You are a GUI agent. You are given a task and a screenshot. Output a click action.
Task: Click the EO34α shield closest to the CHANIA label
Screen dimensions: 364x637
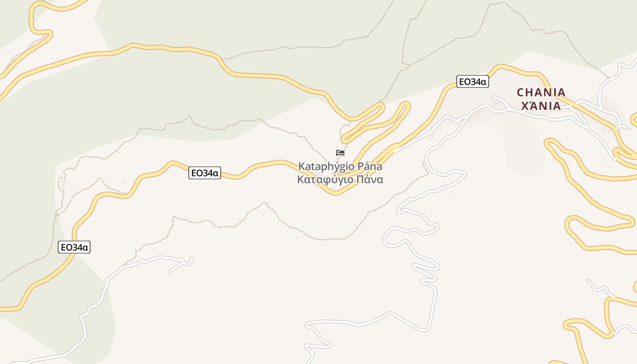pos(472,82)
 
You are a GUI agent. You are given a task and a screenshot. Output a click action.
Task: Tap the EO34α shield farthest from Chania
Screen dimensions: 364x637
pos(75,248)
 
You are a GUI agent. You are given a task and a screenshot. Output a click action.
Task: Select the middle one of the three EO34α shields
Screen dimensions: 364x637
pos(205,173)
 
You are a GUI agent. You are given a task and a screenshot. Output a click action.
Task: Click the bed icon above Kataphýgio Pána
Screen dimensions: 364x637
pos(340,153)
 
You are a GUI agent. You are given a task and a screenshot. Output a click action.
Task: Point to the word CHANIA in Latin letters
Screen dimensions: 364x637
pos(541,93)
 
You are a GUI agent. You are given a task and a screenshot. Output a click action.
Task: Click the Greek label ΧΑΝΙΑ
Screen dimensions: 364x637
pos(541,106)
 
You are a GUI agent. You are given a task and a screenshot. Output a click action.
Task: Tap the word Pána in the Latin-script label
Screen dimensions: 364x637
pos(369,166)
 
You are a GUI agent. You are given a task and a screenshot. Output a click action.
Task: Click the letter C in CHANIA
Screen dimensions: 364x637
pos(521,93)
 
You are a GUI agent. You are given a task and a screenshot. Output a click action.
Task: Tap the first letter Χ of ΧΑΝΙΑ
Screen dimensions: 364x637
pos(524,106)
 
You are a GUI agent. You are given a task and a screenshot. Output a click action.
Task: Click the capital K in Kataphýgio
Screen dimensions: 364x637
pos(301,166)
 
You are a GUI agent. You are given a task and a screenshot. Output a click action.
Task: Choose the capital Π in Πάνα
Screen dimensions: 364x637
pos(360,179)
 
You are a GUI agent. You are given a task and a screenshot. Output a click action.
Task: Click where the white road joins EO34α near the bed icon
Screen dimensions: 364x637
pos(395,150)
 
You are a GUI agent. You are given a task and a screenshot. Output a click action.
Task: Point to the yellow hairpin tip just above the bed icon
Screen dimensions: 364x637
pos(344,137)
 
